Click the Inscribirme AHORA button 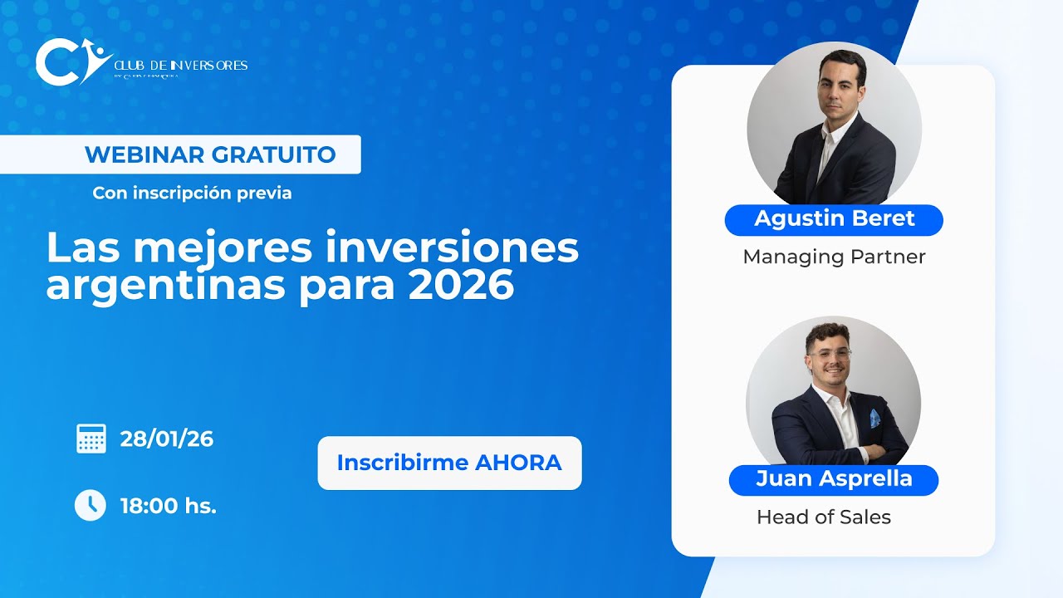[449, 463]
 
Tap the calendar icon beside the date [91, 439]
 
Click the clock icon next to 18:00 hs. [91, 505]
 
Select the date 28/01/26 [167, 439]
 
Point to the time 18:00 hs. [169, 505]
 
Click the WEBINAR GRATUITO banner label [210, 154]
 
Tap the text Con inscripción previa [192, 193]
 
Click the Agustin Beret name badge [834, 219]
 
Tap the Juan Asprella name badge [834, 479]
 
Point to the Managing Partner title [834, 257]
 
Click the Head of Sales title [823, 517]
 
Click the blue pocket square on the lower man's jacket [874, 418]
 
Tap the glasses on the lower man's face [830, 354]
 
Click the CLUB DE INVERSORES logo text [179, 65]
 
